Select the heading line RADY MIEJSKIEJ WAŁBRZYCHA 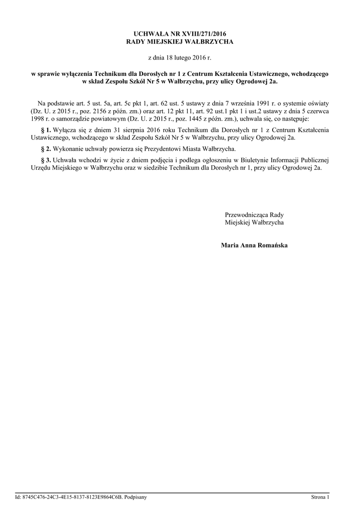[180, 42]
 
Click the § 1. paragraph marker [46, 129]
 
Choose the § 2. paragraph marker [46, 148]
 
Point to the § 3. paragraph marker [46, 160]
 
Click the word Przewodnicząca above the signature [247, 215]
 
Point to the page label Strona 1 [320, 497]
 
